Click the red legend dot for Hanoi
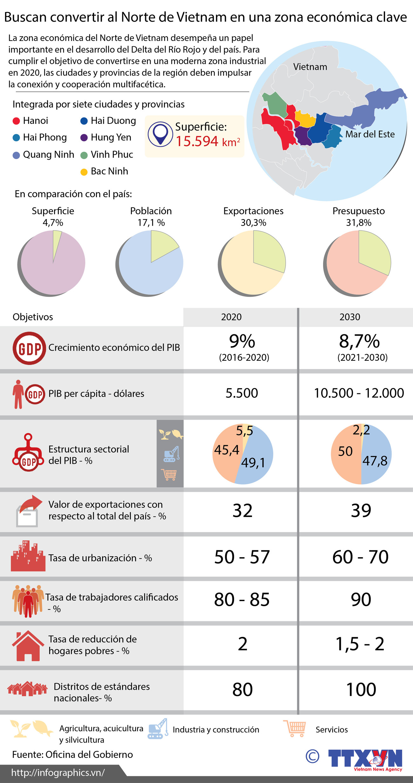click(17, 121)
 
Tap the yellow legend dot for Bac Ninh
click(84, 172)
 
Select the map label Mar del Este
click(370, 134)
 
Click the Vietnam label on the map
click(310, 67)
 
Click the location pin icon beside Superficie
click(160, 134)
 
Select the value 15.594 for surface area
click(197, 142)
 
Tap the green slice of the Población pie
click(162, 244)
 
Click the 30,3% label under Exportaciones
click(253, 223)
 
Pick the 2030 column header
click(350, 317)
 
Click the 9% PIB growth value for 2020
click(242, 342)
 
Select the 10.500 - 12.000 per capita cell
click(359, 393)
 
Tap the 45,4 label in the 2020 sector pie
click(226, 450)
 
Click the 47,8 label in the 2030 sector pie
click(375, 461)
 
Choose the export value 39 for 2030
click(361, 511)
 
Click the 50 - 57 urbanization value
click(242, 557)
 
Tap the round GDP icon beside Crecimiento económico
click(29, 348)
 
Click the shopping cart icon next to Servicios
click(295, 729)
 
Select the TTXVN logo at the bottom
click(365, 760)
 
